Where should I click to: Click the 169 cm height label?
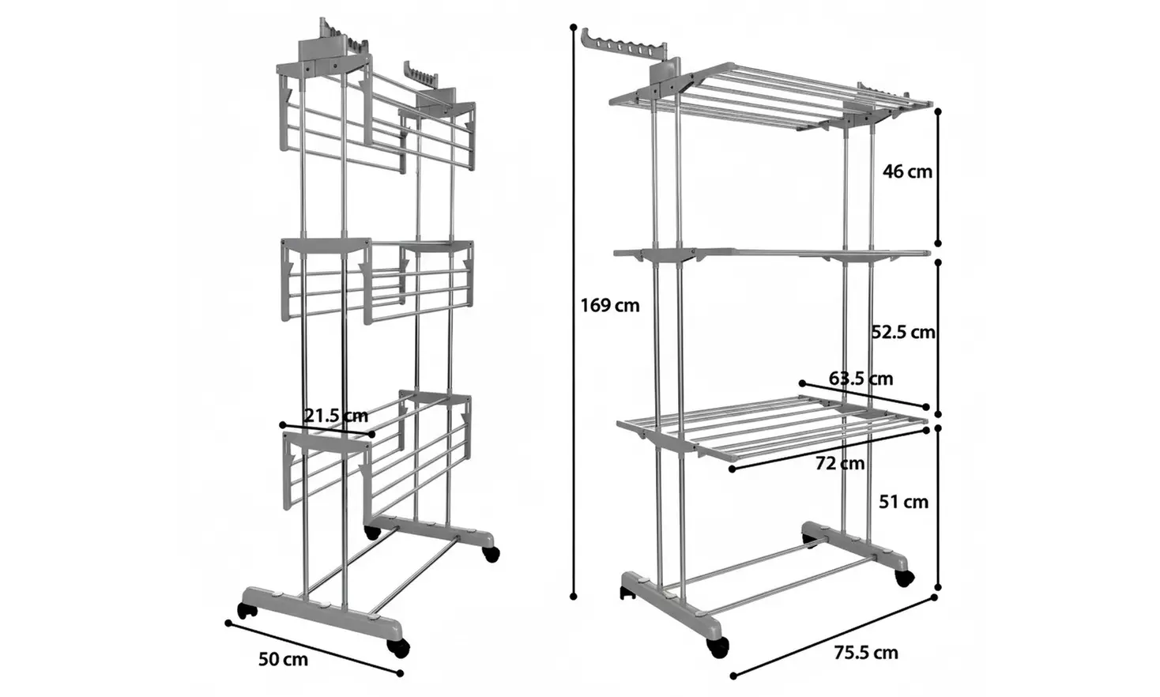point(609,306)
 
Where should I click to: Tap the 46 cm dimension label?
point(907,171)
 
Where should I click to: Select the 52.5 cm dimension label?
point(904,332)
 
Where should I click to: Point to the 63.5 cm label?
point(861,379)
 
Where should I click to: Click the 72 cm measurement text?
point(840,463)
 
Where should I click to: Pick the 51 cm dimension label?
point(904,502)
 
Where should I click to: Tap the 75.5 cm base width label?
point(866,653)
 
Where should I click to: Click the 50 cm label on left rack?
point(283,659)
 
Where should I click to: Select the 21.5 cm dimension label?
point(336,416)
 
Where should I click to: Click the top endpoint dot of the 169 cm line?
point(573,26)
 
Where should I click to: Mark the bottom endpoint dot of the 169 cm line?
point(573,597)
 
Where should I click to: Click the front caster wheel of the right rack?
point(717,647)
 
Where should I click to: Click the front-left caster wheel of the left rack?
point(247,611)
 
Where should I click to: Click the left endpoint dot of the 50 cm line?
point(228,623)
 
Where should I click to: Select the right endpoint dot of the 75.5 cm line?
point(934,597)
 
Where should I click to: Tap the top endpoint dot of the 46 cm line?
point(938,111)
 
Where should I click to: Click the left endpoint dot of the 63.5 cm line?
point(802,383)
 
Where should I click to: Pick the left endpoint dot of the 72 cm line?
point(732,469)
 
